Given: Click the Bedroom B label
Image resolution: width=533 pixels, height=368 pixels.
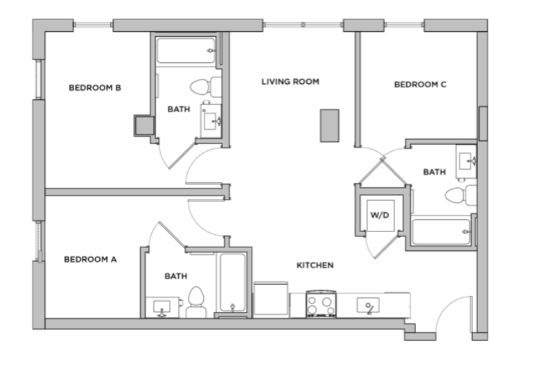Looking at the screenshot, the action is [95, 87].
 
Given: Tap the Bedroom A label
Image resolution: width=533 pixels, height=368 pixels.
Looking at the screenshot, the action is [90, 259].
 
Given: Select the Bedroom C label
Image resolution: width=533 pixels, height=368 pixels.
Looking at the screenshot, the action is [420, 85].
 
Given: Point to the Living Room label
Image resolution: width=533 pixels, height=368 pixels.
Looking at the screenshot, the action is [290, 82].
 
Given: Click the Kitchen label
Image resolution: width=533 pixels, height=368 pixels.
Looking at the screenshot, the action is [315, 265].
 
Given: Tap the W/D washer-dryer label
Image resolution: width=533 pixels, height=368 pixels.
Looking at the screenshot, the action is [380, 215].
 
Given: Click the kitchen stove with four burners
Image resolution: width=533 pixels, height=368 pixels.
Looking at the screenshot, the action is [322, 304].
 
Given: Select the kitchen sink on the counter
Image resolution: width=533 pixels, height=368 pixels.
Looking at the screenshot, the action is [368, 305].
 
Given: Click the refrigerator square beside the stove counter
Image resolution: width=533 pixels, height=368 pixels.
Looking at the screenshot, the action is [271, 299].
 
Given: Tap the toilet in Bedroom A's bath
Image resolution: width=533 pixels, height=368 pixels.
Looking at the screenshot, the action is [195, 301].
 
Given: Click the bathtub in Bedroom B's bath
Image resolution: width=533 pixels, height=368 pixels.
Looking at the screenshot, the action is [186, 51].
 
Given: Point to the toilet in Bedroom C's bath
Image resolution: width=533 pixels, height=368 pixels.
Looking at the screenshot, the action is [461, 195].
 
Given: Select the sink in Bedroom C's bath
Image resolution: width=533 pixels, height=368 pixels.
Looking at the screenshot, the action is [466, 161].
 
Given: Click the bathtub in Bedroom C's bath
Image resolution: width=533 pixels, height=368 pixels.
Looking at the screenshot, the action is [442, 231].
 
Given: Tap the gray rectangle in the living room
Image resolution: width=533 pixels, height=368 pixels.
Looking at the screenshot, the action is [330, 125].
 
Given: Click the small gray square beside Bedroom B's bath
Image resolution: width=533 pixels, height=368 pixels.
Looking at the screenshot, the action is [144, 125].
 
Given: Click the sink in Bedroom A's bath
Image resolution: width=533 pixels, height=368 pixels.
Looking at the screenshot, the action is [162, 307].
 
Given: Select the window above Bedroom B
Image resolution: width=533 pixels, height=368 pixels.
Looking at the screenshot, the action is [93, 25].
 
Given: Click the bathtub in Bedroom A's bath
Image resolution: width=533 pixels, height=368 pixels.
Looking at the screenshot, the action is [232, 283].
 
